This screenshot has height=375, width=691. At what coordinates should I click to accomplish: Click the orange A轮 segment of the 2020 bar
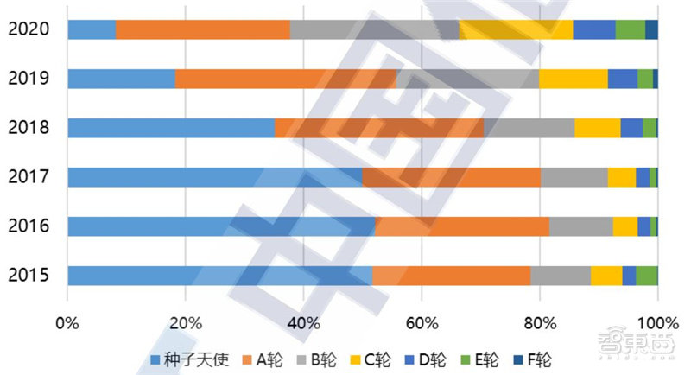pyautogui.click(x=203, y=29)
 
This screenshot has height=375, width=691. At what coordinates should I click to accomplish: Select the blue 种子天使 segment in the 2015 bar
pyautogui.click(x=219, y=276)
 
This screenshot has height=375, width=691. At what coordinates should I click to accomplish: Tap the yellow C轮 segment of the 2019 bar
pyautogui.click(x=574, y=79)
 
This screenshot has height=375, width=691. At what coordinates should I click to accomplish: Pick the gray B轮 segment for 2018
pyautogui.click(x=529, y=128)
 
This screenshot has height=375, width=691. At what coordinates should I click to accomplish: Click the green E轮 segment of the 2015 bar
pyautogui.click(x=647, y=276)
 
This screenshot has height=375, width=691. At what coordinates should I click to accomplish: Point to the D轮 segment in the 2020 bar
pyautogui.click(x=594, y=29)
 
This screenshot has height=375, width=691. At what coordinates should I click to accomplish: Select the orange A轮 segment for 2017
pyautogui.click(x=451, y=177)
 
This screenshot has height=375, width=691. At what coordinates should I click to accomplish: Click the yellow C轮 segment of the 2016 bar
pyautogui.click(x=624, y=226)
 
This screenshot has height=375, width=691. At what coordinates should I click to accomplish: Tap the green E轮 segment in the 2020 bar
pyautogui.click(x=631, y=29)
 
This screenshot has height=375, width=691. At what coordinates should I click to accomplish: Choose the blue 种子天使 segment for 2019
pyautogui.click(x=121, y=79)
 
